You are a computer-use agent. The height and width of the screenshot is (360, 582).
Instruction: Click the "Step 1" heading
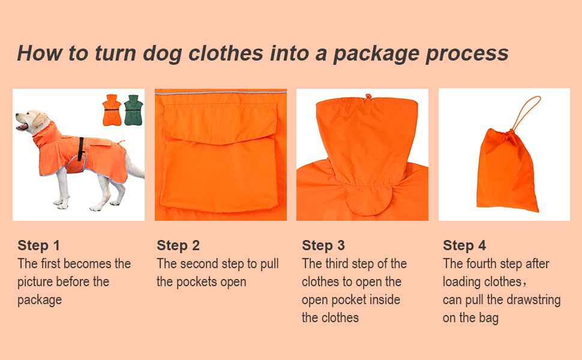coord(38,245)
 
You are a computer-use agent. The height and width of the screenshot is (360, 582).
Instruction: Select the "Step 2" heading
coord(178,245)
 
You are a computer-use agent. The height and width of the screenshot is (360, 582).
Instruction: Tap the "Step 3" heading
coord(323,245)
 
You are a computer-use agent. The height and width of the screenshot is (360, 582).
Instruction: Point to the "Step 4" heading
coord(464,245)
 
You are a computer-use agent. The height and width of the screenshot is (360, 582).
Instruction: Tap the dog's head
coord(30,120)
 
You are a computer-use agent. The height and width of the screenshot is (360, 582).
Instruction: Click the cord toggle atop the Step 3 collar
coord(365,95)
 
